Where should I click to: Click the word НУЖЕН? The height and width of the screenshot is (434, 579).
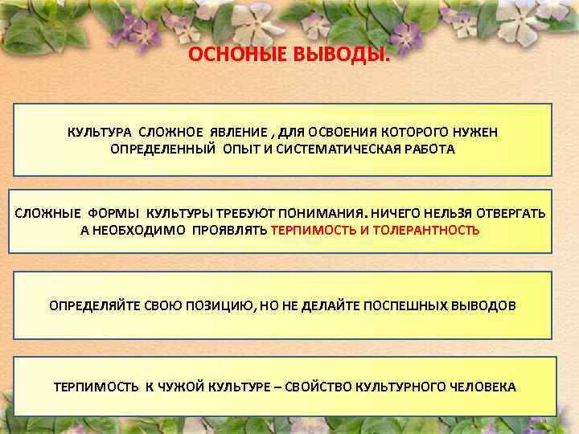[x=476, y=132]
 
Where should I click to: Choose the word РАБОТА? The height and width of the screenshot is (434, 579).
[x=430, y=149]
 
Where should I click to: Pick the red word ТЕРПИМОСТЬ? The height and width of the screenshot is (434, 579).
[x=310, y=229]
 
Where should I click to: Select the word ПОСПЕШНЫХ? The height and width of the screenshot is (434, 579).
[x=400, y=306]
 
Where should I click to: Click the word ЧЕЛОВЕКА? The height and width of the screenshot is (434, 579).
[x=482, y=387]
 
